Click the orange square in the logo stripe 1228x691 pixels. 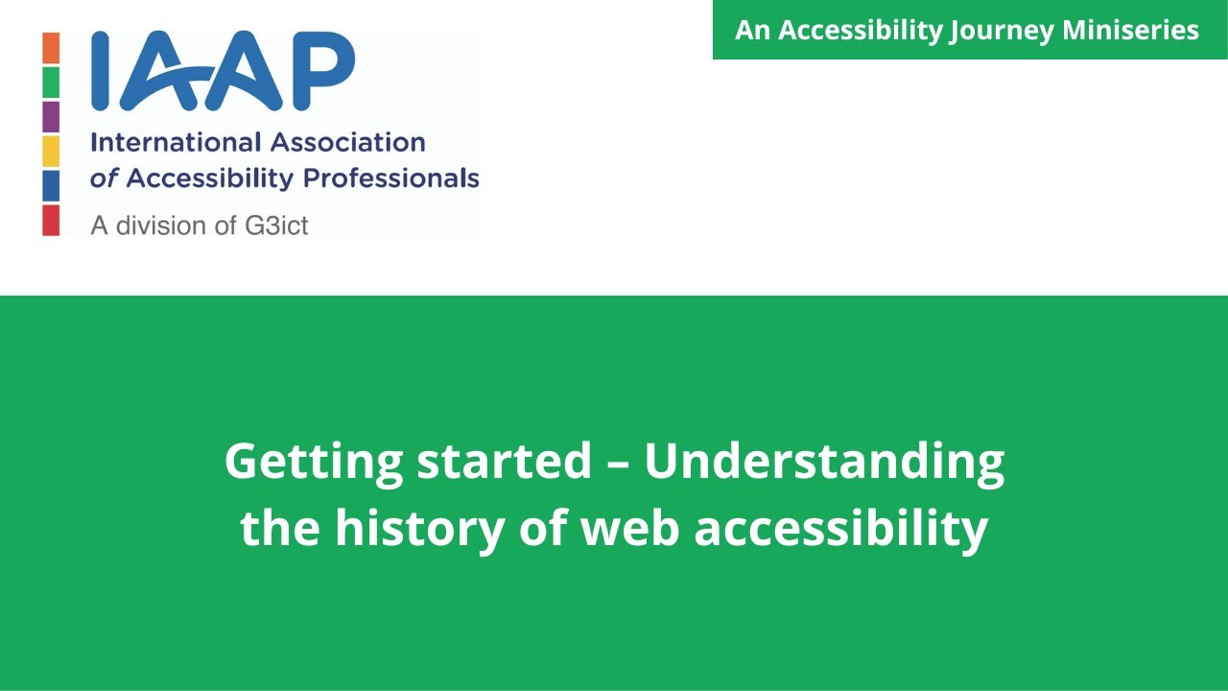point(51,48)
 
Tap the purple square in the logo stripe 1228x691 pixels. point(51,117)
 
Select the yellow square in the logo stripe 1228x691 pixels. point(51,152)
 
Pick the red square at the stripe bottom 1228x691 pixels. point(51,221)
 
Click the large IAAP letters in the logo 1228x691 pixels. point(223,72)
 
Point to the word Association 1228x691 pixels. point(347,143)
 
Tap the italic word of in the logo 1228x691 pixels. point(104,179)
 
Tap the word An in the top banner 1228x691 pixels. point(753,31)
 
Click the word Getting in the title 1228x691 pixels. point(313,462)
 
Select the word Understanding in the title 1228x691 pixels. point(823,462)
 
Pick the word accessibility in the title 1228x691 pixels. point(840,528)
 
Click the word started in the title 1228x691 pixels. point(504,462)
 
